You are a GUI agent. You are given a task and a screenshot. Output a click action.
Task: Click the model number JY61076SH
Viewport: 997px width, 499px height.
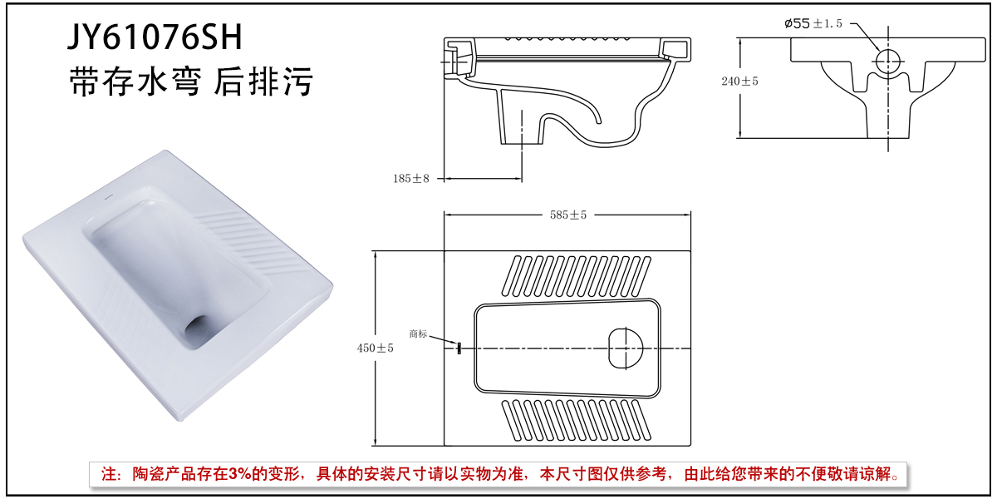pyautogui.click(x=155, y=37)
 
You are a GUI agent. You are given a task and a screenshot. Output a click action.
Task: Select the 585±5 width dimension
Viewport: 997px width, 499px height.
pyautogui.click(x=568, y=215)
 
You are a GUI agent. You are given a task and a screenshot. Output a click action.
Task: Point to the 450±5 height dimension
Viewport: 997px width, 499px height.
pyautogui.click(x=376, y=348)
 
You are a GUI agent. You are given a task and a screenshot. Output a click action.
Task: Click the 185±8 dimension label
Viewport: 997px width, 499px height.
pyautogui.click(x=411, y=178)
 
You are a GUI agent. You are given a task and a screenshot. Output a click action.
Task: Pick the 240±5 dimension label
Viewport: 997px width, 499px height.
pyautogui.click(x=740, y=81)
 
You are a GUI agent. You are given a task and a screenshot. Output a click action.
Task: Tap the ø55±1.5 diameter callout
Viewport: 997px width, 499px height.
pyautogui.click(x=813, y=23)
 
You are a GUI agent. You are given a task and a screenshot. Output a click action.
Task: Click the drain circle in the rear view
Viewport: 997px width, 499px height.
pyautogui.click(x=889, y=61)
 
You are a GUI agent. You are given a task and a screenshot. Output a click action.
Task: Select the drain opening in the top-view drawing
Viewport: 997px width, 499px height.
pyautogui.click(x=626, y=347)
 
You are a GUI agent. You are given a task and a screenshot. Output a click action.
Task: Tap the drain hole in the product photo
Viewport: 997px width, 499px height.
pyautogui.click(x=199, y=326)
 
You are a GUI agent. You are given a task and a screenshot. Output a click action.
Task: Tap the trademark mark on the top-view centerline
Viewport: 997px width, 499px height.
pyautogui.click(x=458, y=348)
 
